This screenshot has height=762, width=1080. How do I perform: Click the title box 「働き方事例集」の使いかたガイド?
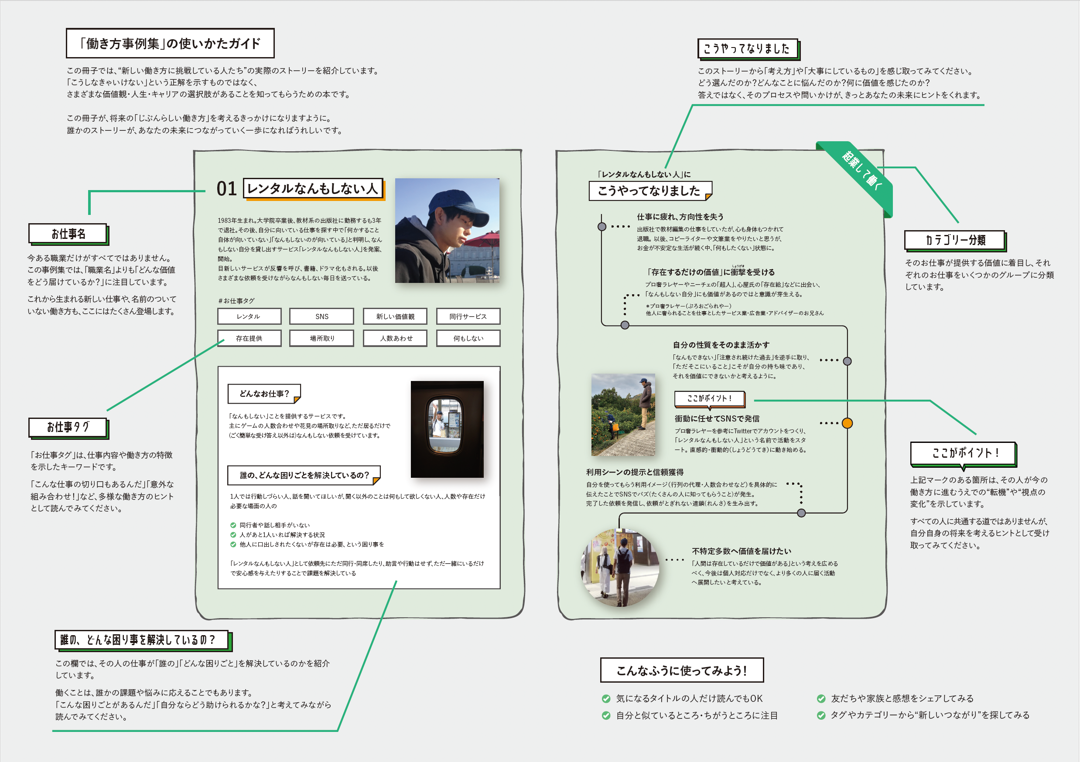(170, 43)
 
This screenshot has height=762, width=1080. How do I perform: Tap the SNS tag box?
(322, 316)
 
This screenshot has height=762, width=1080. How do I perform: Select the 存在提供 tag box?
(249, 338)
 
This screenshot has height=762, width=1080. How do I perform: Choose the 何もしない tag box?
(468, 338)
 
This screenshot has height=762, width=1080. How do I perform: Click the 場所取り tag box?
(322, 338)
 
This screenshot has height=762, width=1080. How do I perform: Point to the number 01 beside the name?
(226, 189)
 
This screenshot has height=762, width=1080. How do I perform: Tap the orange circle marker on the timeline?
(847, 423)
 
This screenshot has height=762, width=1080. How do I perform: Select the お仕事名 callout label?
(68, 234)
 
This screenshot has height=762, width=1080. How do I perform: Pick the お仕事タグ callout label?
(68, 427)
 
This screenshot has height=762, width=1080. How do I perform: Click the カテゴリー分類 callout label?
(955, 240)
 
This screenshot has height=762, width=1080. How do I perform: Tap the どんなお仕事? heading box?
(264, 394)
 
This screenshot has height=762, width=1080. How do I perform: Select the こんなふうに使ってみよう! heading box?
(682, 670)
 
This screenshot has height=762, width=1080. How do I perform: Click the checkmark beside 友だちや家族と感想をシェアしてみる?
(821, 698)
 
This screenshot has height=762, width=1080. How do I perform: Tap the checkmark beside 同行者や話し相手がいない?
(233, 525)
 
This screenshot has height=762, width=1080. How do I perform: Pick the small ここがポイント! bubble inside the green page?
(709, 398)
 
